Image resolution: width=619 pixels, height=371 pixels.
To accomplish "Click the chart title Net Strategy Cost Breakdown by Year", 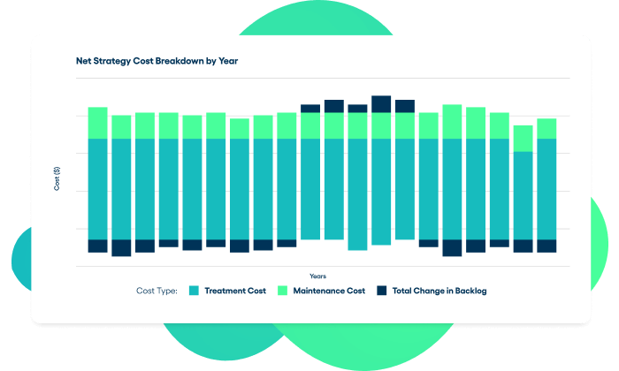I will click(x=157, y=62).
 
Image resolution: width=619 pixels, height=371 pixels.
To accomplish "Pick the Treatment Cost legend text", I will click(x=235, y=291).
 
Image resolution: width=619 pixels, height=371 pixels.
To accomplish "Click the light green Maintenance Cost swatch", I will click(x=284, y=291).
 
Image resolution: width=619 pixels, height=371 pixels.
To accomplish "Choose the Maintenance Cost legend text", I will click(x=329, y=291).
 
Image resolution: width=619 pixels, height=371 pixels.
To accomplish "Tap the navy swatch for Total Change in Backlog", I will click(x=382, y=291).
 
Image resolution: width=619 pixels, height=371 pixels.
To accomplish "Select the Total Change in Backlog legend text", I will click(x=439, y=291).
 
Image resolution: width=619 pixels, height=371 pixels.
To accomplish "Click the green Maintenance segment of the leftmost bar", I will click(x=97, y=123).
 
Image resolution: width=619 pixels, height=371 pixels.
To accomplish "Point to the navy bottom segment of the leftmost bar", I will click(x=97, y=246).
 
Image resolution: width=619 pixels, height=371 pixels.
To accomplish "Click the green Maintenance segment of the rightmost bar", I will click(x=546, y=128).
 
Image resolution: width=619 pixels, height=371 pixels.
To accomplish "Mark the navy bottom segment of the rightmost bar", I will click(x=546, y=246).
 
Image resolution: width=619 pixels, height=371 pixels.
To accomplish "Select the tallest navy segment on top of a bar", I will click(x=381, y=104).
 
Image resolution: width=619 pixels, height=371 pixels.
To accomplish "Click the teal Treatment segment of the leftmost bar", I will click(x=97, y=189).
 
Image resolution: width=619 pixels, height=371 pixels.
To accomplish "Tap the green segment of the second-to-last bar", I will click(x=523, y=138).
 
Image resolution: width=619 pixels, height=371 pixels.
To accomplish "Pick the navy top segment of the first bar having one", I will click(x=310, y=109).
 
